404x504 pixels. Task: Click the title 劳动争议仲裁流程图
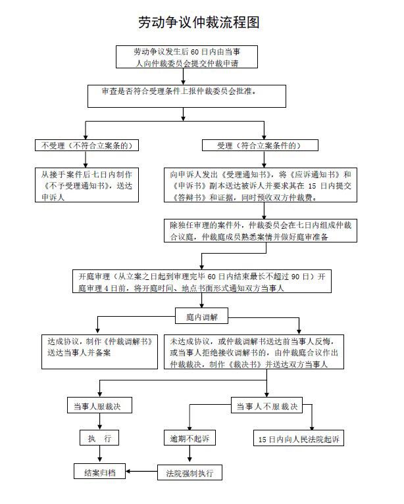pyautogui.click(x=198, y=22)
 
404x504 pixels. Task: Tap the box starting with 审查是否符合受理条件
pyautogui.click(x=187, y=95)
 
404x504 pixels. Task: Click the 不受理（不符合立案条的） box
pyautogui.click(x=87, y=145)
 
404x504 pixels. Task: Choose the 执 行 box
pyautogui.click(x=99, y=438)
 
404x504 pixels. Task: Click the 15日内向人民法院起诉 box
pyautogui.click(x=298, y=438)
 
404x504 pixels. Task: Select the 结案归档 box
pyautogui.click(x=99, y=472)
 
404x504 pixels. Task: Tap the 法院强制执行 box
pyautogui.click(x=189, y=472)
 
